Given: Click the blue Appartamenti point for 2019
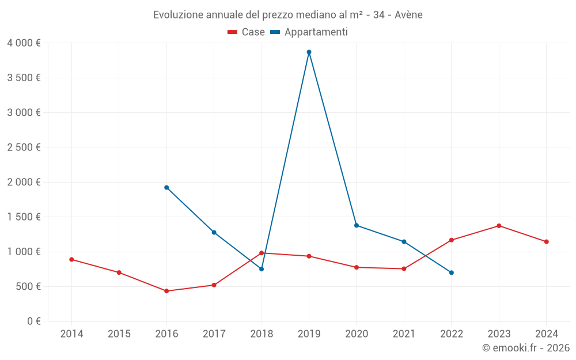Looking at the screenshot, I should coord(309,52).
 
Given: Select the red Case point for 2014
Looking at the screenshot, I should coord(71,259).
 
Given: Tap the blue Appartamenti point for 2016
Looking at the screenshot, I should coord(166,187).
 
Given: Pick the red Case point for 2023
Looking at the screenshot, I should coord(499,226).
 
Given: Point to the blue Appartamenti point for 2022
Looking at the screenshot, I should coord(452,272).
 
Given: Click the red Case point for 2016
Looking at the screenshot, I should coord(166,291).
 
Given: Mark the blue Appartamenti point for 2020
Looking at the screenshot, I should coord(357,225).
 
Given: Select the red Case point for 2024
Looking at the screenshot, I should coord(546,241).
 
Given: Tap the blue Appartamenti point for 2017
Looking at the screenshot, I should coord(214,232).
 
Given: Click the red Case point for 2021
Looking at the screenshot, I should coord(404,268).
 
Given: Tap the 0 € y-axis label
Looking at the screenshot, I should coord(34,321).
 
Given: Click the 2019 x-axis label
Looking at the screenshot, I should coord(309,334).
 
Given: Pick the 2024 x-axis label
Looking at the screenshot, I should coord(546,334).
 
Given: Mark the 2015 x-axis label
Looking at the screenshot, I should coord(119,334).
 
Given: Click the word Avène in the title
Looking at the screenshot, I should coord(408,15).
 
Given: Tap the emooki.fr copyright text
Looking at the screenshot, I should coord(526,348).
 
